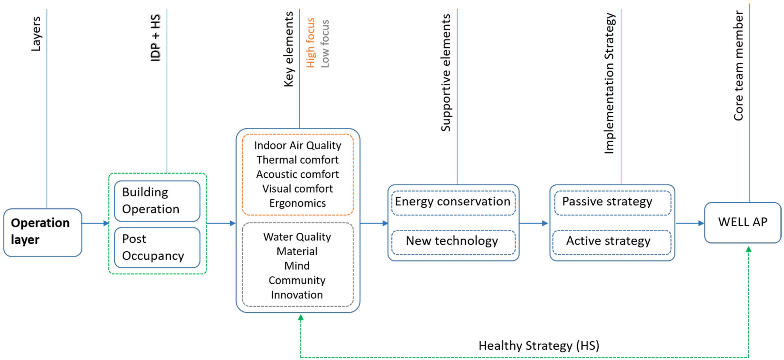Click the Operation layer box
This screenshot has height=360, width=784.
pyautogui.click(x=43, y=232)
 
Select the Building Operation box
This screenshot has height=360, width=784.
pyautogui.click(x=157, y=201)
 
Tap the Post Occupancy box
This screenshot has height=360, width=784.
pyautogui.click(x=157, y=247)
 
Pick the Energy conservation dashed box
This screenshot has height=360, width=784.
pyautogui.click(x=453, y=202)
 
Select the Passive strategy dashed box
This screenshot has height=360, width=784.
pyautogui.click(x=612, y=202)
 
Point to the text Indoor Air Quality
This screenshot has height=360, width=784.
pyautogui.click(x=297, y=145)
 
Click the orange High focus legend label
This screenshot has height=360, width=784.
pyautogui.click(x=310, y=43)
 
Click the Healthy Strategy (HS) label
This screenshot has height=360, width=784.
pyautogui.click(x=539, y=346)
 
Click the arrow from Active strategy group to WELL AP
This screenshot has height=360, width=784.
pyautogui.click(x=690, y=223)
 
